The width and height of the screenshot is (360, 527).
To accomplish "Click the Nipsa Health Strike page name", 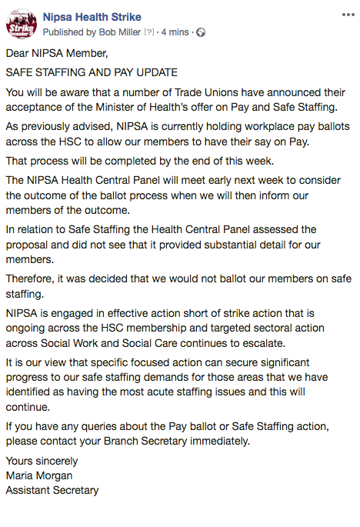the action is [92, 17].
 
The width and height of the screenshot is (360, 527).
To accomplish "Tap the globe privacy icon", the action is [202, 32].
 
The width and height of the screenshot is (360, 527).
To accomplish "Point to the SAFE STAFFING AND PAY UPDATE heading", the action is [92, 72].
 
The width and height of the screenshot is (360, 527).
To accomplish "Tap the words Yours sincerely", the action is [42, 461].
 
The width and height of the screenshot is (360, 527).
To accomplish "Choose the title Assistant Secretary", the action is [52, 490].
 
